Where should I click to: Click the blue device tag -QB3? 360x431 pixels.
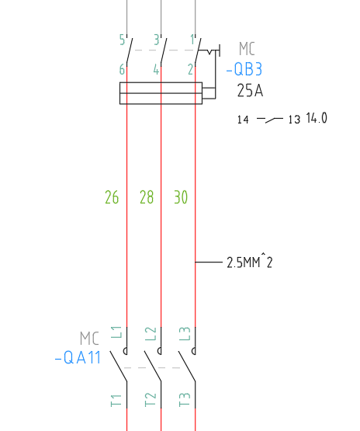tap(244, 69)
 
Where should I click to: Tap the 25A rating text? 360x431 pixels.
tap(250, 90)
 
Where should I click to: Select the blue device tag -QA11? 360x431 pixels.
tap(78, 357)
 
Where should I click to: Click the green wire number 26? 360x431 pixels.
tap(112, 197)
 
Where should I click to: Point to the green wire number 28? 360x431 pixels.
tap(147, 197)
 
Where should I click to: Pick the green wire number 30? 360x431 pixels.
tap(181, 197)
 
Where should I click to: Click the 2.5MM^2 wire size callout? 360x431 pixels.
tap(250, 262)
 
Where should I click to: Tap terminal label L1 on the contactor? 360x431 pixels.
tap(116, 332)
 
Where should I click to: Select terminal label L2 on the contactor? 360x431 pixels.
tap(151, 334)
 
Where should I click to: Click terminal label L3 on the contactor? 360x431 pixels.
tap(185, 334)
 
